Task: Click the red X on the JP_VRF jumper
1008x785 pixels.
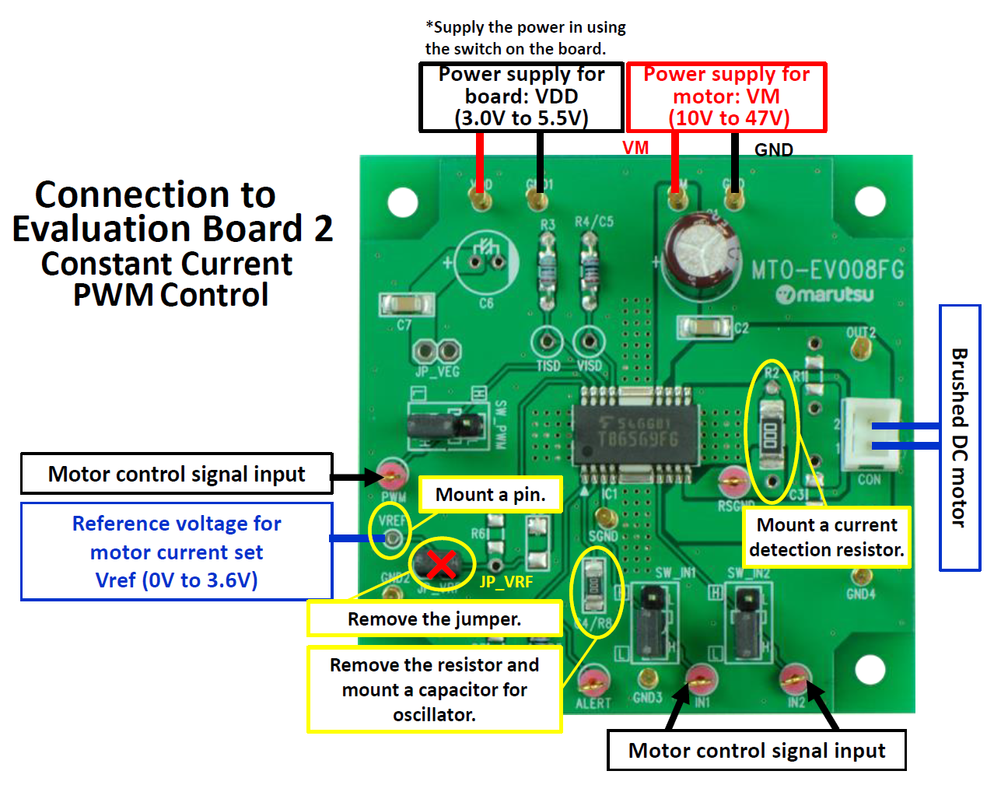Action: point(441,565)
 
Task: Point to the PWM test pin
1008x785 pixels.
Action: point(394,474)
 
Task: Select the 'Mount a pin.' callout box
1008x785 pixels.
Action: point(490,495)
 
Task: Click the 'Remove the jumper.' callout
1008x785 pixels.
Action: point(434,619)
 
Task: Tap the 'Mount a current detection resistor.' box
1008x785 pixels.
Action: point(826,537)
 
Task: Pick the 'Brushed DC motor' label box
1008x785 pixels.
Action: point(960,438)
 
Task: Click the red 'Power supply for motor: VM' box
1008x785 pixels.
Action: point(726,96)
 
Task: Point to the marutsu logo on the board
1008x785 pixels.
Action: point(824,295)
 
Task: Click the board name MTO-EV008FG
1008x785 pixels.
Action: point(828,270)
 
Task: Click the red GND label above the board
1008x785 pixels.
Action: point(773,149)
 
